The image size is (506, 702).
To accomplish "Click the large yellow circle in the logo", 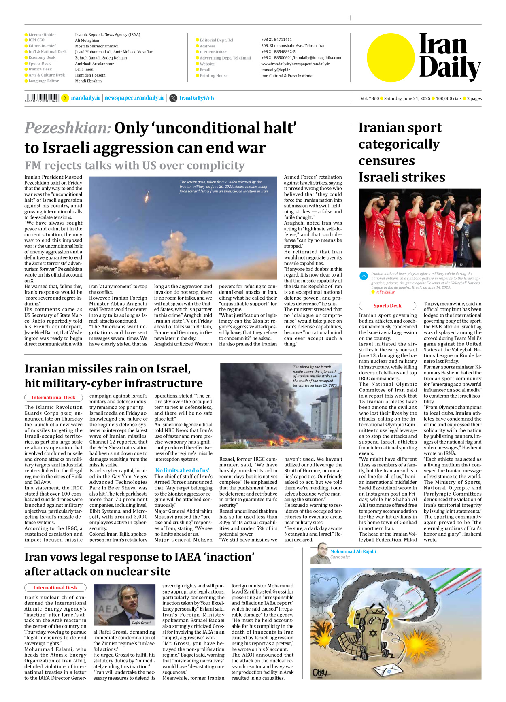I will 391,57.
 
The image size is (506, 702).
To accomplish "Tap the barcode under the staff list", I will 42,98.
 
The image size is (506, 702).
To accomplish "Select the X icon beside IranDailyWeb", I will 173,98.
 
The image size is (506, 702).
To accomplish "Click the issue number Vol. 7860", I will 370,98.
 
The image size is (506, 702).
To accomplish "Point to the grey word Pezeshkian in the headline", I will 68,128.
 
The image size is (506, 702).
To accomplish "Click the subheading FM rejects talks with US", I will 134,166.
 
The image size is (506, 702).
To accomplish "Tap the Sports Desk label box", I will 387,306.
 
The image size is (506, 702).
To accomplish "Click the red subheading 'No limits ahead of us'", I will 182,470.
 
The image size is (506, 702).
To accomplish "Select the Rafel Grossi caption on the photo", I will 141,623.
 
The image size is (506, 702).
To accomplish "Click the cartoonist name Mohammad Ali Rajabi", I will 353,551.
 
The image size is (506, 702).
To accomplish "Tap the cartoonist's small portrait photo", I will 319,554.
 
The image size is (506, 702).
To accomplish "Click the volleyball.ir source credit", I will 385,292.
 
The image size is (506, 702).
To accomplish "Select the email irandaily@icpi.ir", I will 275,70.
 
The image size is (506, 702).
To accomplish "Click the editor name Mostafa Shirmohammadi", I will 97,46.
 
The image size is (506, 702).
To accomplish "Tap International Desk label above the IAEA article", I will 55,587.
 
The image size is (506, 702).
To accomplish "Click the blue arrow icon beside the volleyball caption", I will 364,276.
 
